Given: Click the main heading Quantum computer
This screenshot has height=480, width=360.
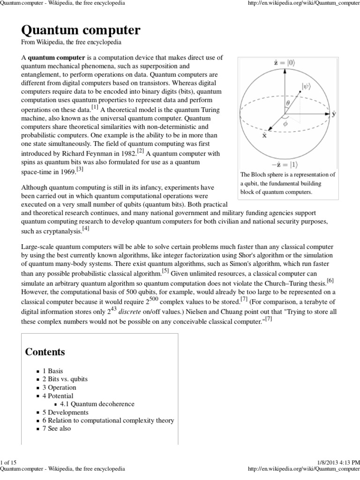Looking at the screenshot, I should tap(81, 30).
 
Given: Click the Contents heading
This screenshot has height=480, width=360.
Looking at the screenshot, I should tap(45, 352).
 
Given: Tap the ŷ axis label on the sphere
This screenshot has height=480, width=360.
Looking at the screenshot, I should tap(333, 114).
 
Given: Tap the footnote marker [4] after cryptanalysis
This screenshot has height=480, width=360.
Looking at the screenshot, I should tap(86, 229).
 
